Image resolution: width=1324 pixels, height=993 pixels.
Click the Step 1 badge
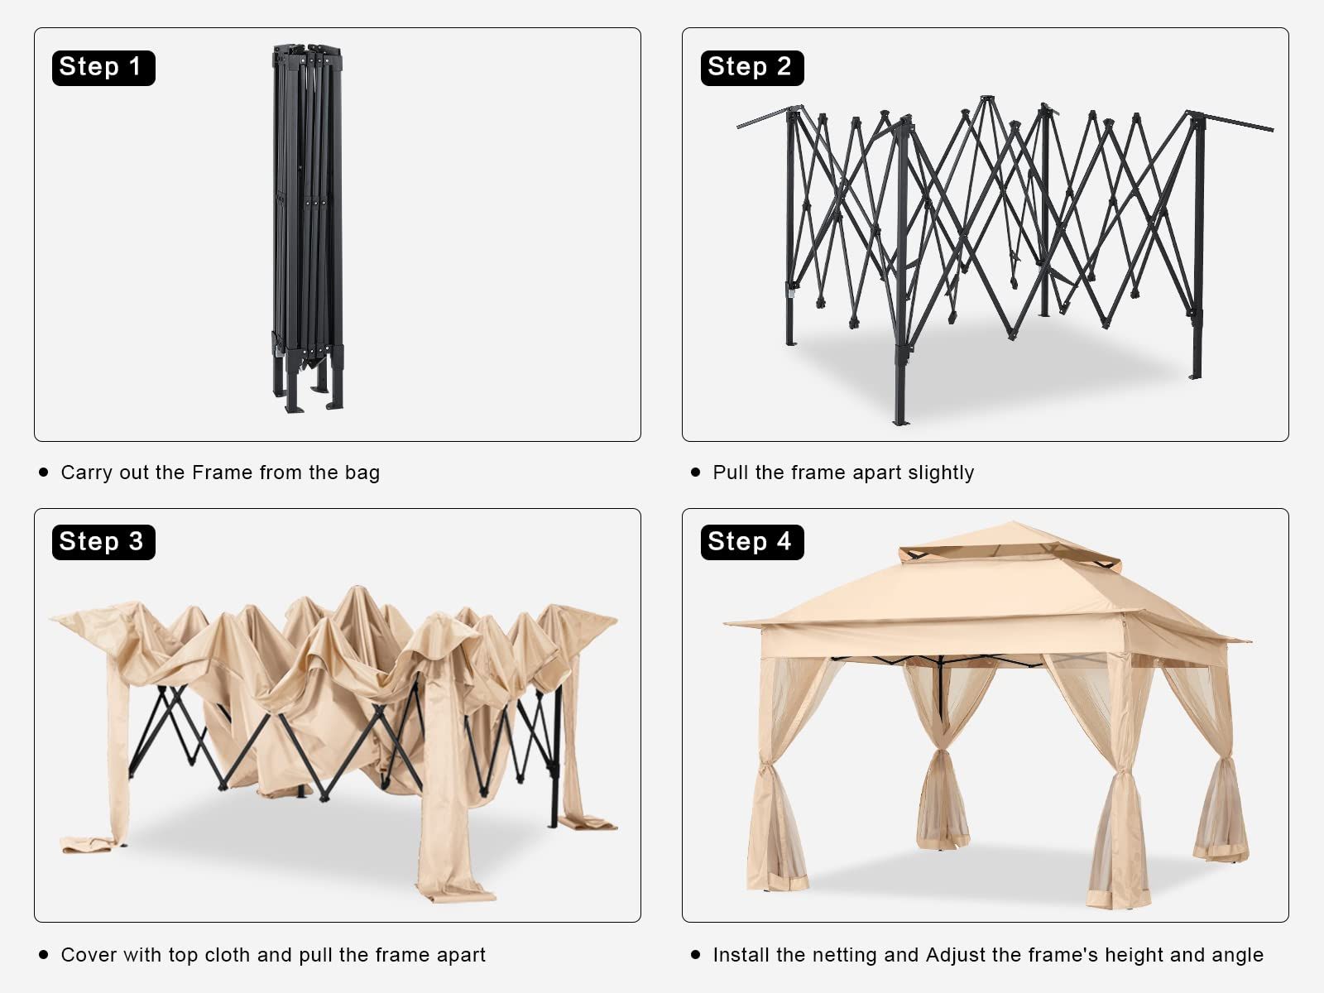pyautogui.click(x=103, y=68)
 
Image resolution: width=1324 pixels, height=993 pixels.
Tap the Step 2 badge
pyautogui.click(x=752, y=68)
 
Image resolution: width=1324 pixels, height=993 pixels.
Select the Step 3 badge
pyautogui.click(x=103, y=542)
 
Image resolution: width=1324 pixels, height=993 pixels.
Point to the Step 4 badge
pyautogui.click(x=752, y=542)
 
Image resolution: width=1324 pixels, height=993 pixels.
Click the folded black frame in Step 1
pyautogui.click(x=308, y=228)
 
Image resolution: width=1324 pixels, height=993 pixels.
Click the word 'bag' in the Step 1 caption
pyautogui.click(x=362, y=473)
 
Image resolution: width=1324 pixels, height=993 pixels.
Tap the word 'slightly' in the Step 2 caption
pyautogui.click(x=940, y=473)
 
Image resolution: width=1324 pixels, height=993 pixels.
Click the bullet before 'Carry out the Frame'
pyautogui.click(x=43, y=472)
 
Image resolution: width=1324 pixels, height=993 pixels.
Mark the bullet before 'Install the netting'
pyautogui.click(x=695, y=954)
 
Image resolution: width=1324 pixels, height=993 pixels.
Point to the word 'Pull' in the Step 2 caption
pyautogui.click(x=731, y=473)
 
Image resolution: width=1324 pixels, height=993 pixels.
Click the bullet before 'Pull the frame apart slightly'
pyautogui.click(x=695, y=472)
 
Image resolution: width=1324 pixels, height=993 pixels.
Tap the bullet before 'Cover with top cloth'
pyautogui.click(x=43, y=954)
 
